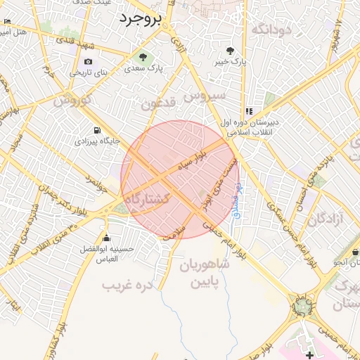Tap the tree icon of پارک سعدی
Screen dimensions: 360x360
144,57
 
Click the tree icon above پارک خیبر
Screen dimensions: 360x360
229,50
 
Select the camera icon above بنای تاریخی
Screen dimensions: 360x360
89,61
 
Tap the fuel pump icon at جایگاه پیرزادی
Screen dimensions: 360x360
97,130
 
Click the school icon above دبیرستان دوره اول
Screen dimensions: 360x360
249,111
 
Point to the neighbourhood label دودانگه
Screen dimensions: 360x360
271,29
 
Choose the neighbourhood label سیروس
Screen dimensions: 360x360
204,94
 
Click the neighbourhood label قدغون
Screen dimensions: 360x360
157,105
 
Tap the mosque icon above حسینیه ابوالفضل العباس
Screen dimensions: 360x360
105,238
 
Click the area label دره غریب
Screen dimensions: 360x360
127,285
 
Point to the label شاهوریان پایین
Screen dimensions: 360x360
205,274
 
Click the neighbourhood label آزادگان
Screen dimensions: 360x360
325,219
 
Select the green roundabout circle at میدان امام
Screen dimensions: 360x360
302,307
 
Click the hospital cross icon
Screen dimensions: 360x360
310,355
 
